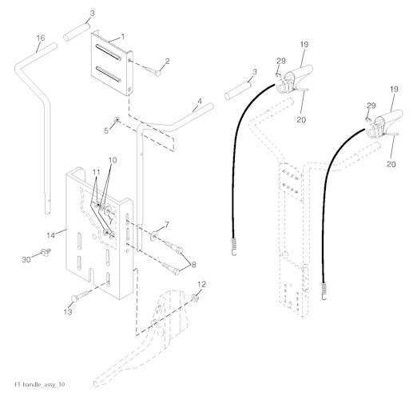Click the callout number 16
41,38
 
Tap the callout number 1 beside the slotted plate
123,36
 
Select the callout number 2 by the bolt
167,61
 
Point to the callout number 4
200,101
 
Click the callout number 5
106,130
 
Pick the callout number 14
51,235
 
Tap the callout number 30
26,259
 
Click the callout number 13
68,311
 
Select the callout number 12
202,284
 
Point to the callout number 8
193,265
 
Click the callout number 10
113,160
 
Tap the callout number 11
96,172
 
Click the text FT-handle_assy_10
39,385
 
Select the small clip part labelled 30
46,251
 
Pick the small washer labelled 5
116,119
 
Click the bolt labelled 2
153,70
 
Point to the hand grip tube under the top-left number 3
77,32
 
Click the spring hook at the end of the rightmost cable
324,292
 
